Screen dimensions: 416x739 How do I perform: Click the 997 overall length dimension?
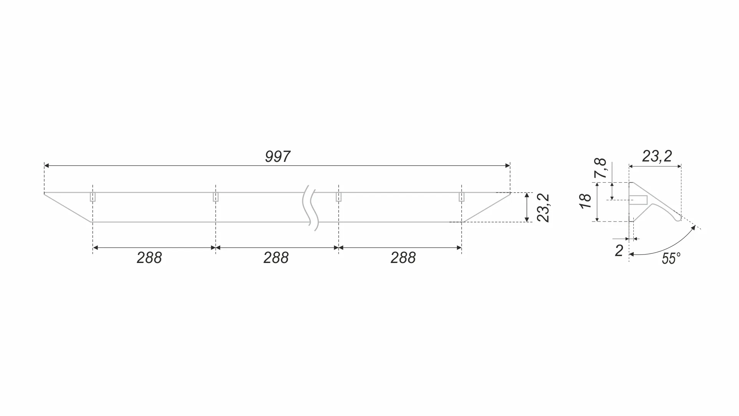pos(277,157)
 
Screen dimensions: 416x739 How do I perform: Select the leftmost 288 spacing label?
pos(149,258)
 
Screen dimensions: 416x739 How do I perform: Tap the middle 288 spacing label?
pos(276,258)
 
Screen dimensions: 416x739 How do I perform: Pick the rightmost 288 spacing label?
pos(403,258)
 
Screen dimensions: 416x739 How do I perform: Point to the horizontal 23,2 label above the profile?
pos(657,156)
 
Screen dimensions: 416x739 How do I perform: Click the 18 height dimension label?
pos(586,201)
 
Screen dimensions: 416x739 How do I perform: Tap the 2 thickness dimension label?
pos(619,251)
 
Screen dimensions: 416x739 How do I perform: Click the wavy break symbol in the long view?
pos(310,208)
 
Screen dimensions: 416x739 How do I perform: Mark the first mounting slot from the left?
pos(93,197)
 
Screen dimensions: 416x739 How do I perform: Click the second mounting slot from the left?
pos(215,197)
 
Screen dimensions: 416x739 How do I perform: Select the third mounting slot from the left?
pos(338,197)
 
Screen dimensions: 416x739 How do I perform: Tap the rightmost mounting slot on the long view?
pos(461,197)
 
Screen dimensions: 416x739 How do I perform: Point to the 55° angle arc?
pos(668,248)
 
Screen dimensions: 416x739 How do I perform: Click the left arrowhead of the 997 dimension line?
pos(46,166)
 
